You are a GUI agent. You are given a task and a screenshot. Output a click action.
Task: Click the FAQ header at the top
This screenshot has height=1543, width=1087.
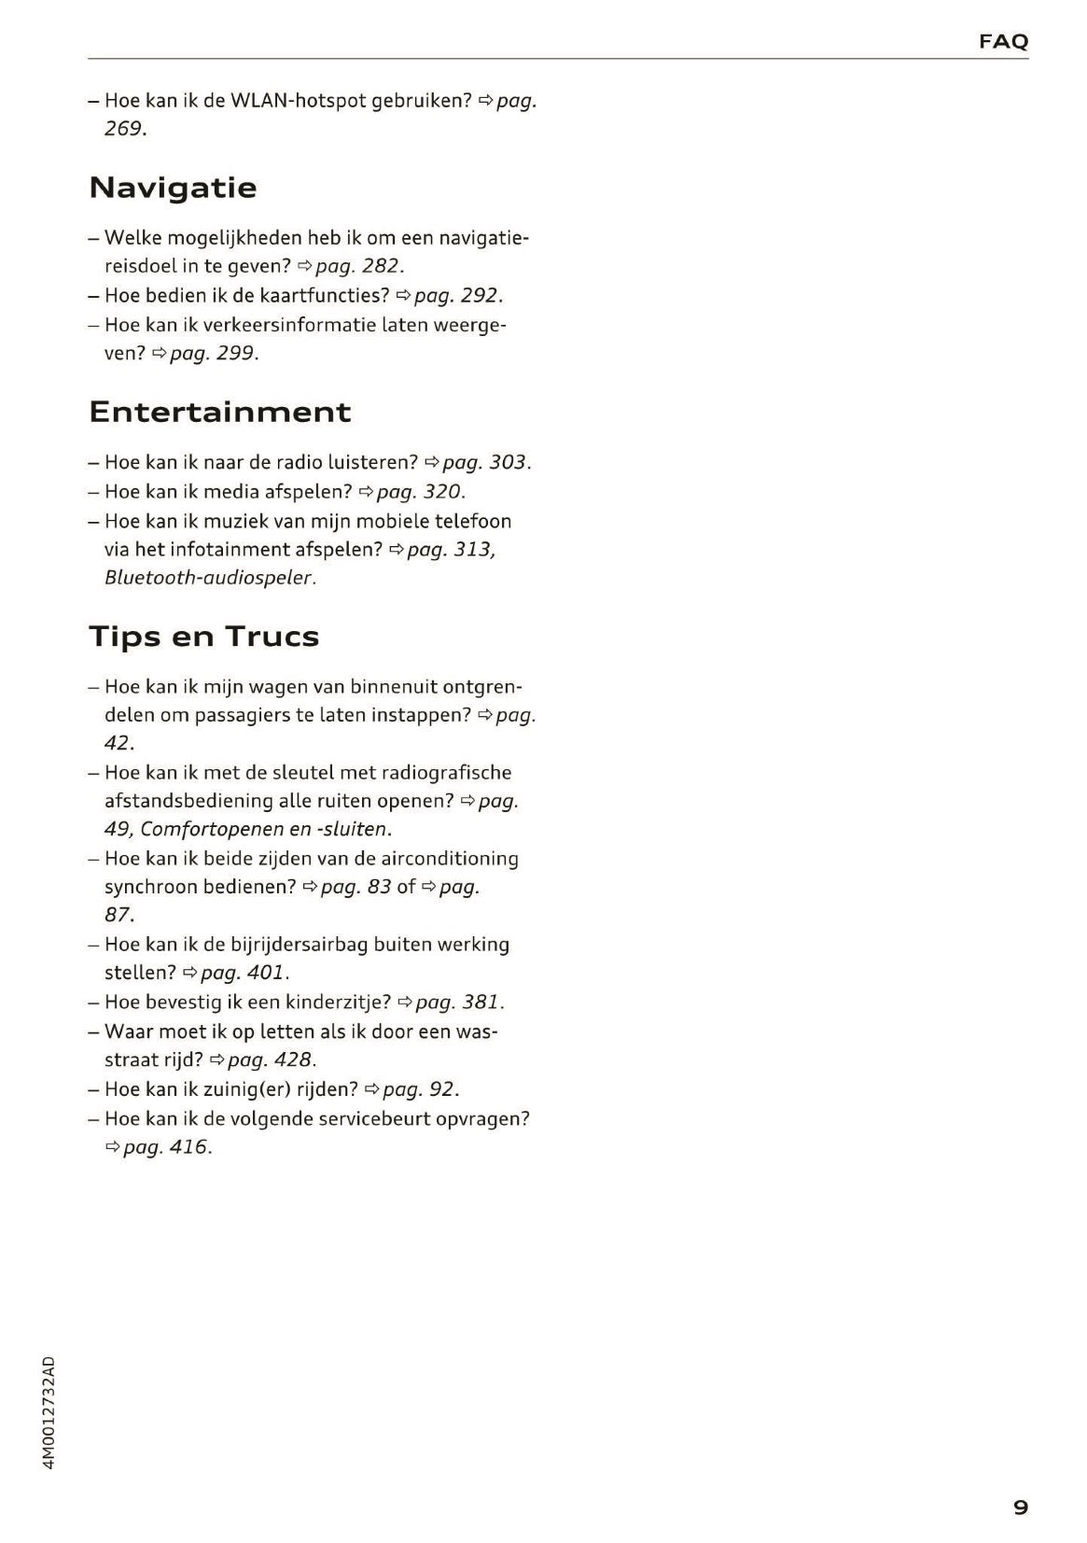point(1003,41)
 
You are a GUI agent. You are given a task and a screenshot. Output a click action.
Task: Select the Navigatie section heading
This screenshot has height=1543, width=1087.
point(173,188)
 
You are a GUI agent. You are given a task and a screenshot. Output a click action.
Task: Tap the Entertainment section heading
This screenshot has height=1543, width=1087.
point(220,412)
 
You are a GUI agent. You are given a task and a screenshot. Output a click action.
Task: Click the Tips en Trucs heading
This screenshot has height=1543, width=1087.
point(203,637)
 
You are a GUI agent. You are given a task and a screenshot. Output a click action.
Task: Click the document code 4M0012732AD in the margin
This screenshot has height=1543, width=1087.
point(49,1412)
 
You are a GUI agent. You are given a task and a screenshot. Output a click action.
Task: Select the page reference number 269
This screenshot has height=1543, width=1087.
point(124,129)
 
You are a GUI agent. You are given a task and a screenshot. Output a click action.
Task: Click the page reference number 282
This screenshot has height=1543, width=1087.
point(381,267)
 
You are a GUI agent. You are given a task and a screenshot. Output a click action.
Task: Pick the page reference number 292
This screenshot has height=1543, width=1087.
point(480,296)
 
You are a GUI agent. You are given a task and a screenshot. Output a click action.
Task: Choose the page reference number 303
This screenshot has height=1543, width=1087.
point(508,462)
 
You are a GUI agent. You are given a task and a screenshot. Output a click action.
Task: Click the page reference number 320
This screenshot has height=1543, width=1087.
point(442,491)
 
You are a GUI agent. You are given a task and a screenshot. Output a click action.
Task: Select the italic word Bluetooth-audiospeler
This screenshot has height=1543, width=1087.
point(208,578)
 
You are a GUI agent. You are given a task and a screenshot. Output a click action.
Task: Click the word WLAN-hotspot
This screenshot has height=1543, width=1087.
point(298,101)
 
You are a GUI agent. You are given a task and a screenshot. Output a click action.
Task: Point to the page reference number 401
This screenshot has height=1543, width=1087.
point(266,973)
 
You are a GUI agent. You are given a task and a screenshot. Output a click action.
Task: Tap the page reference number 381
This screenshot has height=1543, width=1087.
point(481,1003)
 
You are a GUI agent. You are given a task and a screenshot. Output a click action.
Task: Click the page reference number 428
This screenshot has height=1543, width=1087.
point(292,1060)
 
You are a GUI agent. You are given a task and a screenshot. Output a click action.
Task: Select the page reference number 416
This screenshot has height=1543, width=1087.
point(188,1147)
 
